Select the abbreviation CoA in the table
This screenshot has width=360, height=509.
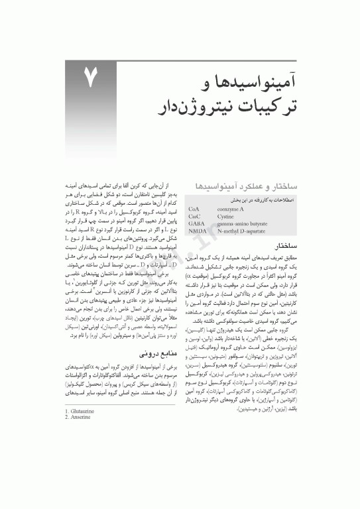click(x=194, y=208)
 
